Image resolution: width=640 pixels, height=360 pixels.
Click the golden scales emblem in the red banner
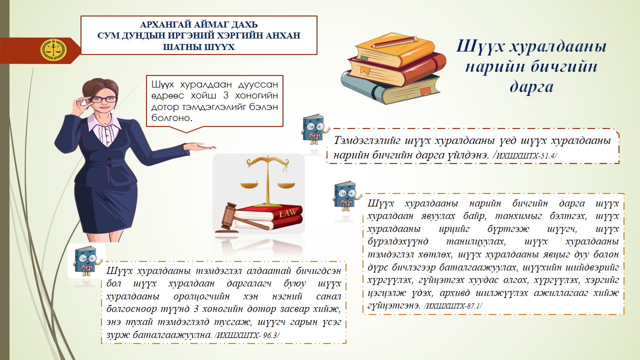click(53, 50)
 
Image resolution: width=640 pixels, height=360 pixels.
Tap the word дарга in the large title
click(531, 87)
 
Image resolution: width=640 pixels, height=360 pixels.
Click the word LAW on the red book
click(287, 212)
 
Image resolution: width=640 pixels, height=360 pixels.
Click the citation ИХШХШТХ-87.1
click(453, 306)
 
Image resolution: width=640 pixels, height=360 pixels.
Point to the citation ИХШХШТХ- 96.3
click(247, 335)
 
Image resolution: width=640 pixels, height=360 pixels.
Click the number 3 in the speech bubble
click(225, 95)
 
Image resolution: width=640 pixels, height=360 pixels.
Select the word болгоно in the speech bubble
click(171, 117)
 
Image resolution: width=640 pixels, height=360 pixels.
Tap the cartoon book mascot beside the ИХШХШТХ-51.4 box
click(314, 129)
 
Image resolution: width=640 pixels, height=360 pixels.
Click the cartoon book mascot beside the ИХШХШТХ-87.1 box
click(347, 196)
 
